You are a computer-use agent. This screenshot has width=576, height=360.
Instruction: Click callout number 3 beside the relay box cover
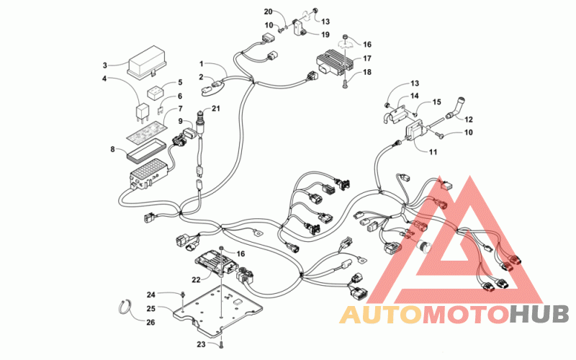pos(104,66)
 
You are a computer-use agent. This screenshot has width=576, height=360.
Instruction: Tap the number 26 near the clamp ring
pos(150,322)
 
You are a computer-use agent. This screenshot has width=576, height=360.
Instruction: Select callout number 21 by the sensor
pos(215,109)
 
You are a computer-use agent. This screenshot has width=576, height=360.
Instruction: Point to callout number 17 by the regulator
pos(367,58)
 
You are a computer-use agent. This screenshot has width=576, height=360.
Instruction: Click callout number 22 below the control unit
pos(196,280)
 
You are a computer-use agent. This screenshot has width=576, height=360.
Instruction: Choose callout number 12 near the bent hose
pos(469,120)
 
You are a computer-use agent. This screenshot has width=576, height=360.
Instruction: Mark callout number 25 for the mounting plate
pos(151,309)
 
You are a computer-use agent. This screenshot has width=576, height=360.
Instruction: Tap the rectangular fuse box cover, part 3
pos(147,62)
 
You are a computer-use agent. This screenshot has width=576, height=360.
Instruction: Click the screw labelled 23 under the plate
pos(221,345)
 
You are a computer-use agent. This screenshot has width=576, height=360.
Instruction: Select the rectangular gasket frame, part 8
pos(146,150)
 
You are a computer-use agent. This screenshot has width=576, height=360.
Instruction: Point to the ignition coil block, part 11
pos(416,132)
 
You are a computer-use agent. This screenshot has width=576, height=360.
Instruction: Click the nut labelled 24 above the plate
pos(183,294)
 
